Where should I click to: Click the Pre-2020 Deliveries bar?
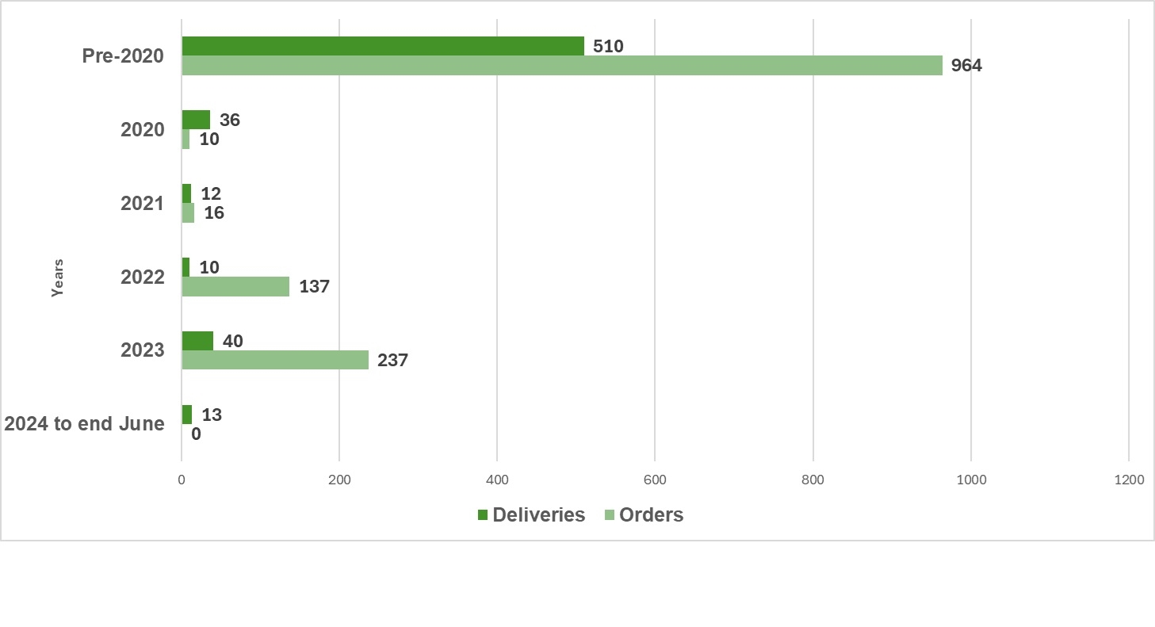pyautogui.click(x=383, y=46)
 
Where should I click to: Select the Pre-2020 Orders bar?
pyautogui.click(x=562, y=66)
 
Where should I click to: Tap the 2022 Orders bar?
pyautogui.click(x=235, y=286)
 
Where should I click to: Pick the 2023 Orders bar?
pyautogui.click(x=275, y=360)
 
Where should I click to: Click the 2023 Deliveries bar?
pyautogui.click(x=197, y=341)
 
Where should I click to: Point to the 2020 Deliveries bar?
pyautogui.click(x=196, y=120)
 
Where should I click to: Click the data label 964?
pyautogui.click(x=966, y=66)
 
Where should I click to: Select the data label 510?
pyautogui.click(x=608, y=47)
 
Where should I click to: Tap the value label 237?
pyautogui.click(x=392, y=361)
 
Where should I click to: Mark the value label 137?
pyautogui.click(x=314, y=287)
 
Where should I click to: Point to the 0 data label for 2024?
pyautogui.click(x=196, y=434)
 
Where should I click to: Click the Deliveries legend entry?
pyautogui.click(x=530, y=515)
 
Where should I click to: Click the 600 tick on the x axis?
pyautogui.click(x=655, y=480)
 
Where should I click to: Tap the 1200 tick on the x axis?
pyautogui.click(x=1128, y=480)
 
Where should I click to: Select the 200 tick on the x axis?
pyautogui.click(x=339, y=480)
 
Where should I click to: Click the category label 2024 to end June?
pyautogui.click(x=85, y=424)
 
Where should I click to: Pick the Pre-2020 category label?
pyautogui.click(x=123, y=56)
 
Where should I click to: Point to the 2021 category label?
pyautogui.click(x=142, y=204)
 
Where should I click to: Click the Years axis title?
pyautogui.click(x=57, y=277)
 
